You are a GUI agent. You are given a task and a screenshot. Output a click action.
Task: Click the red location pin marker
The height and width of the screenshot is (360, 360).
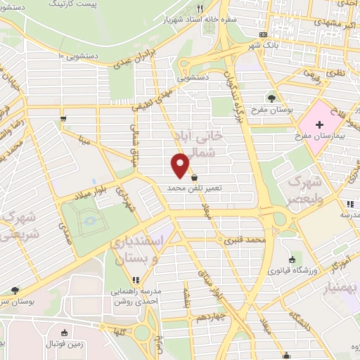click(181, 165)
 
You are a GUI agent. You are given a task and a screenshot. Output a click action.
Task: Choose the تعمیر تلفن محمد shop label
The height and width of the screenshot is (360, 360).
click(194, 189)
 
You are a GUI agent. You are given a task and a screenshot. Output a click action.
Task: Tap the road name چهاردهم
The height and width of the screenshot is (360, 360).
click(210, 316)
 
